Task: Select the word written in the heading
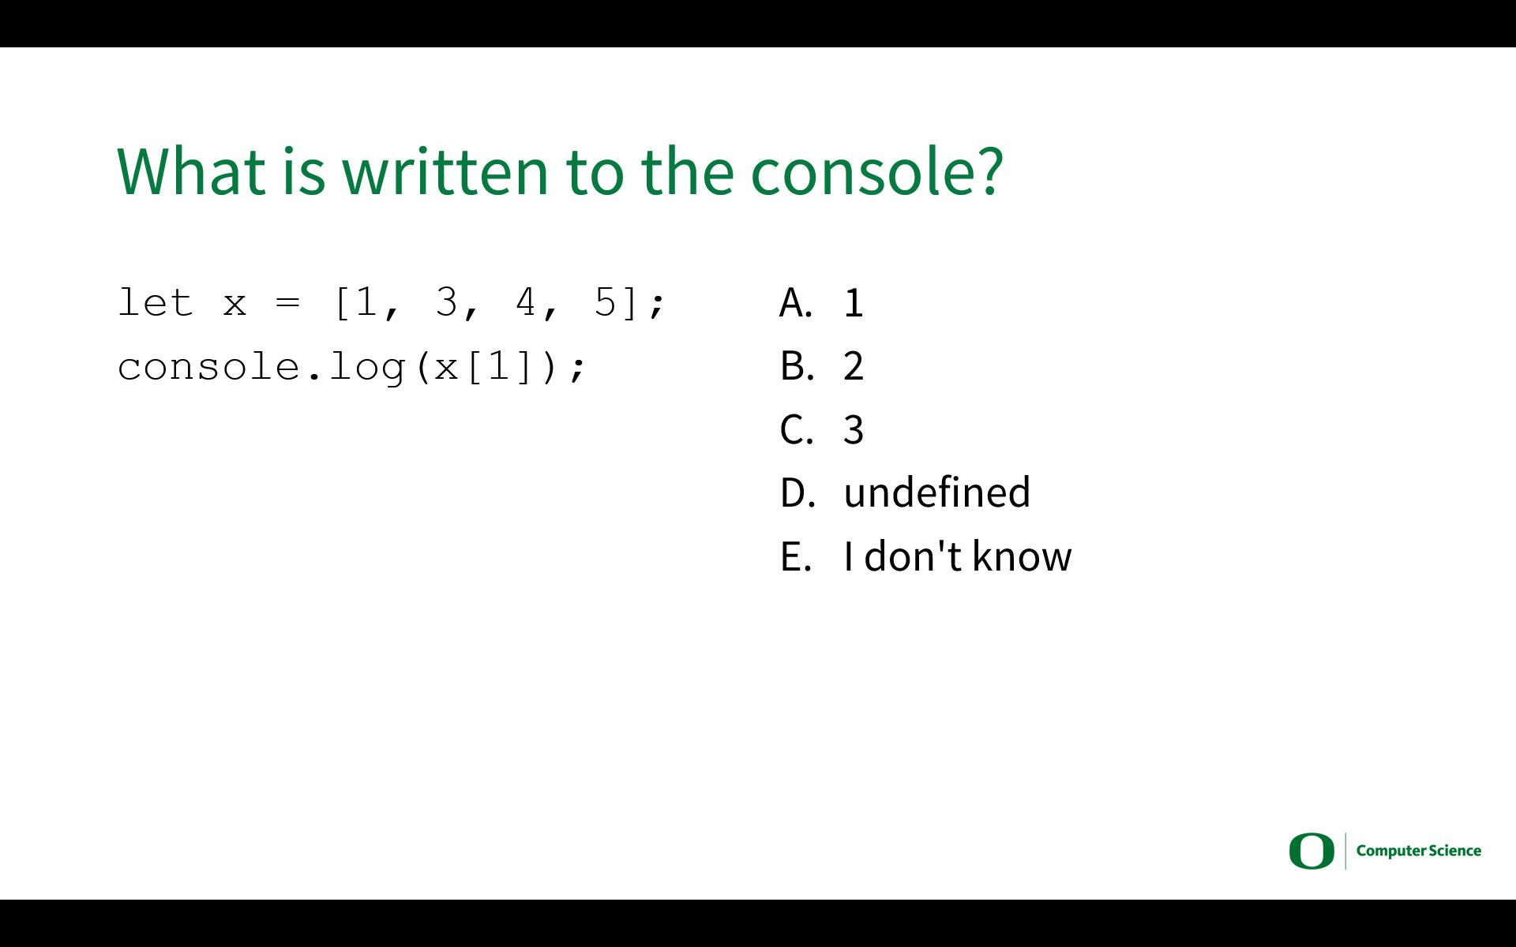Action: pos(445,170)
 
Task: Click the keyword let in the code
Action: pos(156,302)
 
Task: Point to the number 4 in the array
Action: pos(525,302)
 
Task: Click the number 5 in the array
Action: pos(605,302)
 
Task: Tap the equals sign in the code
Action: pos(288,302)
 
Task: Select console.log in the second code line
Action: pos(261,368)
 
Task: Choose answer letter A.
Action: pos(796,302)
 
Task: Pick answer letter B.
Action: pos(797,366)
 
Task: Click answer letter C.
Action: pos(796,430)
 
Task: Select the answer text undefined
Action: pos(937,492)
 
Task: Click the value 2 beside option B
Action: pos(854,366)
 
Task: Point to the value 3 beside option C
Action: pos(854,430)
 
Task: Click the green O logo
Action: pos(1311,851)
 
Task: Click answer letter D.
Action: pos(797,493)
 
